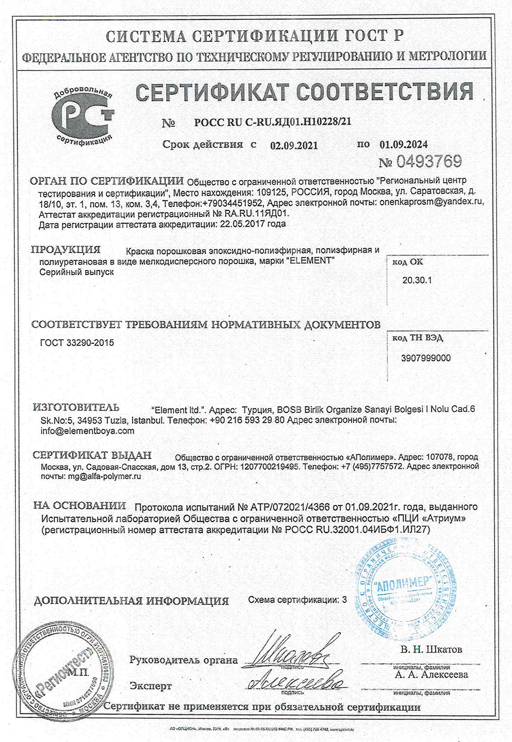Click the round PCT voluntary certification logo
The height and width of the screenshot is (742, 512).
click(82, 116)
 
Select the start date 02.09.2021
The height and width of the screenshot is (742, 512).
click(294, 145)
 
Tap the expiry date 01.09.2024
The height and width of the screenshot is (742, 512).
click(403, 145)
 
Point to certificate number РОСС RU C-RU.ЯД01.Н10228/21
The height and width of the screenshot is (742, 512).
click(273, 122)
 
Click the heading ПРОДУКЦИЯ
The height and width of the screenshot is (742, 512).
click(66, 250)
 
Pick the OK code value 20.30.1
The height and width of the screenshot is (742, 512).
click(417, 280)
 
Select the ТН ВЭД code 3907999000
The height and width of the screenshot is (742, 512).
click(426, 358)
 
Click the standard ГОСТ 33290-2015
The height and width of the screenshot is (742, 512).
click(77, 343)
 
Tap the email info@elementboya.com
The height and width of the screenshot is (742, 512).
click(87, 431)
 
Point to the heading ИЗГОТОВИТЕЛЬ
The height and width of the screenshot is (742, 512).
click(76, 408)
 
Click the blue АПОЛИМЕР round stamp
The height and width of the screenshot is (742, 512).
click(407, 587)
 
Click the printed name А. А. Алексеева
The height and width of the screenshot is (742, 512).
click(432, 674)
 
